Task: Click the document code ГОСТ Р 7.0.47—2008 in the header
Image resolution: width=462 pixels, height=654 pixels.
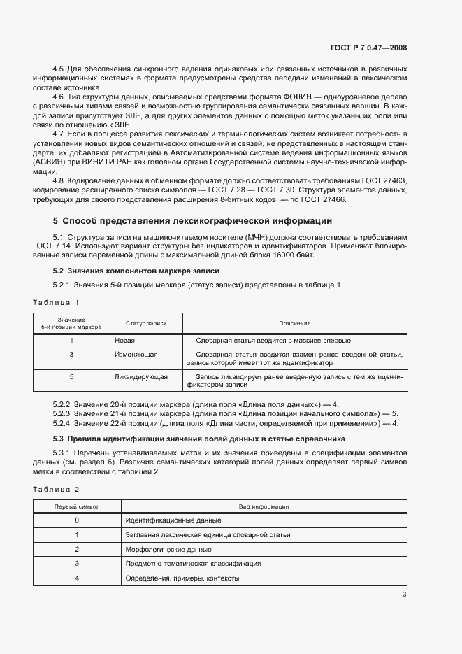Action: tap(368, 48)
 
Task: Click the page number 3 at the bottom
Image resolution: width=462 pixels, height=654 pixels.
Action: tap(404, 595)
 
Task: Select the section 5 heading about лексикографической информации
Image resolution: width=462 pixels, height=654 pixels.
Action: tap(187, 221)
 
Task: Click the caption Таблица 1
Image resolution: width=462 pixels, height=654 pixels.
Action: tap(57, 302)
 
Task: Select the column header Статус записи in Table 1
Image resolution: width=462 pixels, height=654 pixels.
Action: tap(146, 324)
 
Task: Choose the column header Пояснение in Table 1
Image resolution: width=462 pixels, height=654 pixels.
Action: tap(294, 324)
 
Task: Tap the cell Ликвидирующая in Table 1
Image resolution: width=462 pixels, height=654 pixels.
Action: tap(140, 376)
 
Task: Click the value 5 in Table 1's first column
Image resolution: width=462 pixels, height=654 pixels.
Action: tap(71, 376)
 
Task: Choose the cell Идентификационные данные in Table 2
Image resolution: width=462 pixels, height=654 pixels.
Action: tap(173, 520)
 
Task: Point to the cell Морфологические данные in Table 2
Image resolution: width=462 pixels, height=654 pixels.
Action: tap(168, 549)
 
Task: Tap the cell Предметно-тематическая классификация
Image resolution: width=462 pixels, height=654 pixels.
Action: tap(193, 563)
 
